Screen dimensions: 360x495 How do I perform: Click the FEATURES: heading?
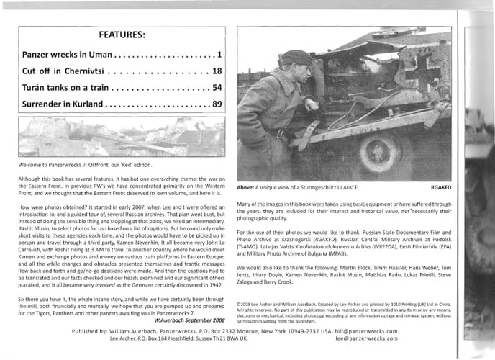pyautogui.click(x=121, y=34)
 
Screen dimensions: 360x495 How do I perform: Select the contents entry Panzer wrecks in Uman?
pyautogui.click(x=67, y=54)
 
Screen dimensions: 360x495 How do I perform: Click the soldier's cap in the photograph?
pyautogui.click(x=296, y=58)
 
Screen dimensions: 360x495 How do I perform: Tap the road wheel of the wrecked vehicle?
pyautogui.click(x=381, y=151)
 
